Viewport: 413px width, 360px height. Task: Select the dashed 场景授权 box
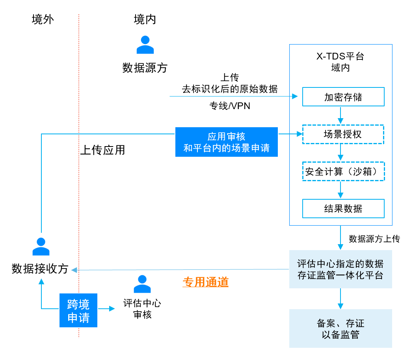tap(343, 134)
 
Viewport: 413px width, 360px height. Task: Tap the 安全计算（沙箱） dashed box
tap(343, 171)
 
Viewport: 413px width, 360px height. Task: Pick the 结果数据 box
tap(343, 208)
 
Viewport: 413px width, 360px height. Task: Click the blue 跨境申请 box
tap(78, 310)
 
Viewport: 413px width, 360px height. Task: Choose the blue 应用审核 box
tap(227, 142)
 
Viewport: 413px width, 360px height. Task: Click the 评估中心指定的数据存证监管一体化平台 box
tap(340, 269)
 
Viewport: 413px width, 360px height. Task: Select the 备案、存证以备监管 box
tap(340, 328)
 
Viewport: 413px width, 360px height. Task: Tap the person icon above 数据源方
tap(145, 45)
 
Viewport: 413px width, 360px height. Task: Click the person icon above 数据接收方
tap(41, 247)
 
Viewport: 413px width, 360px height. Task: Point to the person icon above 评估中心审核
tap(142, 284)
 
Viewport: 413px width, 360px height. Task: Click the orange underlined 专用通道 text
tap(205, 282)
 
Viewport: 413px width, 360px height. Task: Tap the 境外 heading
tap(43, 20)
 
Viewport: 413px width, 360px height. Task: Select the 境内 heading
tap(145, 20)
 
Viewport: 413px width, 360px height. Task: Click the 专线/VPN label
tap(230, 106)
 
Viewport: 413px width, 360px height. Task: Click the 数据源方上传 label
tap(374, 239)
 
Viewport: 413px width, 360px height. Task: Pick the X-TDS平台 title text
tap(340, 56)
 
